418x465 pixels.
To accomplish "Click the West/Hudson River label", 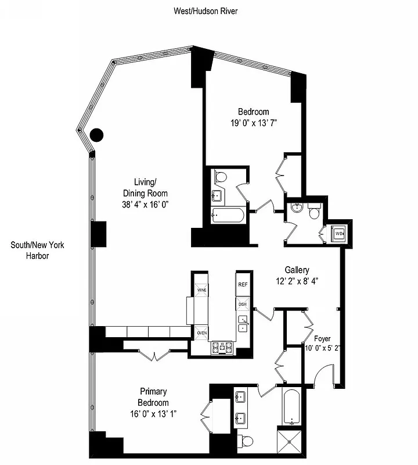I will click(x=206, y=10).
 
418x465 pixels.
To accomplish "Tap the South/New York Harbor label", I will click(x=38, y=250).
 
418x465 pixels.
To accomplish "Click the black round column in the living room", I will click(x=97, y=135).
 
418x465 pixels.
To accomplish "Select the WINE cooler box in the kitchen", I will click(x=201, y=290).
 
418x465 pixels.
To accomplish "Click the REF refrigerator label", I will click(x=243, y=285).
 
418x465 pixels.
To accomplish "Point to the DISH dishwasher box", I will click(x=243, y=304).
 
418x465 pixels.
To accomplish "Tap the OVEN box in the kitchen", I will click(x=201, y=332).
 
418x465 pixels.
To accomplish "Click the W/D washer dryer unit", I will click(x=338, y=234).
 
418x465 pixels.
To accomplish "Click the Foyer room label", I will click(x=322, y=338).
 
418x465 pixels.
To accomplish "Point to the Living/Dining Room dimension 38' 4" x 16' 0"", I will click(x=145, y=204).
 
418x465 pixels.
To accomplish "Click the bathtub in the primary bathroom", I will click(x=291, y=407).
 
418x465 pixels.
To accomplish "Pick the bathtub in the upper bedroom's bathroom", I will click(x=224, y=215).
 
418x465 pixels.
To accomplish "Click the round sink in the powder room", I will click(x=297, y=208).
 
